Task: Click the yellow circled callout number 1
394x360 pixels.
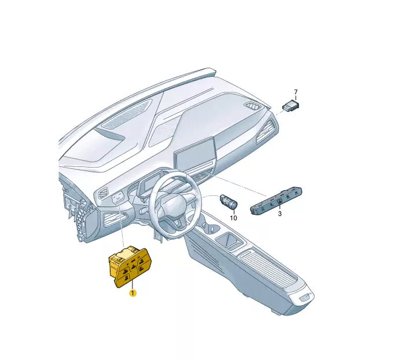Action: pos(132,292)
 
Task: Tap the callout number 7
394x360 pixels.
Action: pos(296,92)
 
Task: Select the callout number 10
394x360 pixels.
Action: pos(233,218)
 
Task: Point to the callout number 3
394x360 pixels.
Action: pos(279,214)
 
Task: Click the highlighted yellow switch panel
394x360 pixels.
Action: pos(130,267)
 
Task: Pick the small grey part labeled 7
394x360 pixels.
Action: pos(291,106)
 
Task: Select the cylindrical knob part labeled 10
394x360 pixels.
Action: pos(229,202)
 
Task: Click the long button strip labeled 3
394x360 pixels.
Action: pos(276,201)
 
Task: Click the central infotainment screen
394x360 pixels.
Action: pos(196,155)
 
